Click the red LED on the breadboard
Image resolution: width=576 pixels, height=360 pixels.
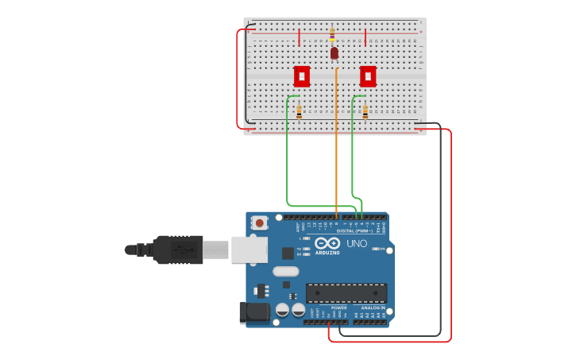(x=334, y=53)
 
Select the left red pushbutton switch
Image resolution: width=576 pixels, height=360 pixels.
(x=302, y=76)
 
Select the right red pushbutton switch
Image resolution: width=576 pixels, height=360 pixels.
(x=368, y=76)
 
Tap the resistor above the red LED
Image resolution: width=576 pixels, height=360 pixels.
(x=332, y=35)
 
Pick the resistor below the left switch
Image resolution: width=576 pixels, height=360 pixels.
(x=299, y=112)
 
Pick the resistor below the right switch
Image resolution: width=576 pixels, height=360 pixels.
(x=365, y=112)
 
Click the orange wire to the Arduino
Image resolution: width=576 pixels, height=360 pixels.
(x=337, y=143)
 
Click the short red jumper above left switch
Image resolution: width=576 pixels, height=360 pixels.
(x=299, y=37)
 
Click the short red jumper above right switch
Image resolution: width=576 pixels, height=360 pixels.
(x=365, y=37)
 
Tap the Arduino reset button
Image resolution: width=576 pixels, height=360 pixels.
(x=260, y=223)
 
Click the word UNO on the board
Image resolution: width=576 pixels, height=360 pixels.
(x=357, y=243)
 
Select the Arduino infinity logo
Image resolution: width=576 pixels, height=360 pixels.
(x=327, y=244)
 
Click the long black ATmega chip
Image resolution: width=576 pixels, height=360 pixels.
(x=346, y=292)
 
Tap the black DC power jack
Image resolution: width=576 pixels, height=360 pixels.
(x=254, y=312)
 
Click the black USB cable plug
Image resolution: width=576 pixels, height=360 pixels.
(x=177, y=250)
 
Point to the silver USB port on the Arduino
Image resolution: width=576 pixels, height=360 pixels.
(x=249, y=250)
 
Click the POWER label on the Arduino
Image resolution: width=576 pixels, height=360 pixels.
(x=327, y=307)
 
